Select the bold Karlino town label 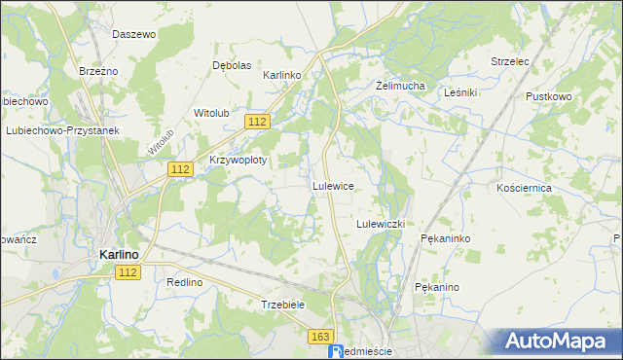click(119, 255)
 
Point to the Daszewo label click(134, 34)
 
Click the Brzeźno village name click(98, 71)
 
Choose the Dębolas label click(232, 65)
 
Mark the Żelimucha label click(401, 86)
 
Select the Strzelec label click(509, 61)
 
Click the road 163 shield click(322, 336)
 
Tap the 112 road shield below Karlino click(131, 271)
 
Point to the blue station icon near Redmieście click(338, 351)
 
